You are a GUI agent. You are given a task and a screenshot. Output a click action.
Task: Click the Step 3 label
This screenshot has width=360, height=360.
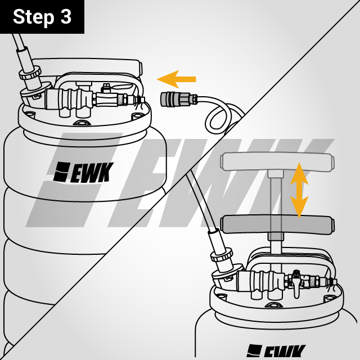pos(42,17)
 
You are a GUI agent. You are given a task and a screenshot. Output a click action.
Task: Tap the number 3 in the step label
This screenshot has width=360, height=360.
pos(65,17)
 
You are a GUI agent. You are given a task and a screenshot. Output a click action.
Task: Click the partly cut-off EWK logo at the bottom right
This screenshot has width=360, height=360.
pos(275,352)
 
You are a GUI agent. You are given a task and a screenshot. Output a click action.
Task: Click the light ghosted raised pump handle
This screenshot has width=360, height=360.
pos(276,162)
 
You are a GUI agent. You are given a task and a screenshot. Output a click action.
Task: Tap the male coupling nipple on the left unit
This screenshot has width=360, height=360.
pos(136,100)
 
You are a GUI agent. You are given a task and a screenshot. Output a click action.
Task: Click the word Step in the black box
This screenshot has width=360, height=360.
pos(33,17)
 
